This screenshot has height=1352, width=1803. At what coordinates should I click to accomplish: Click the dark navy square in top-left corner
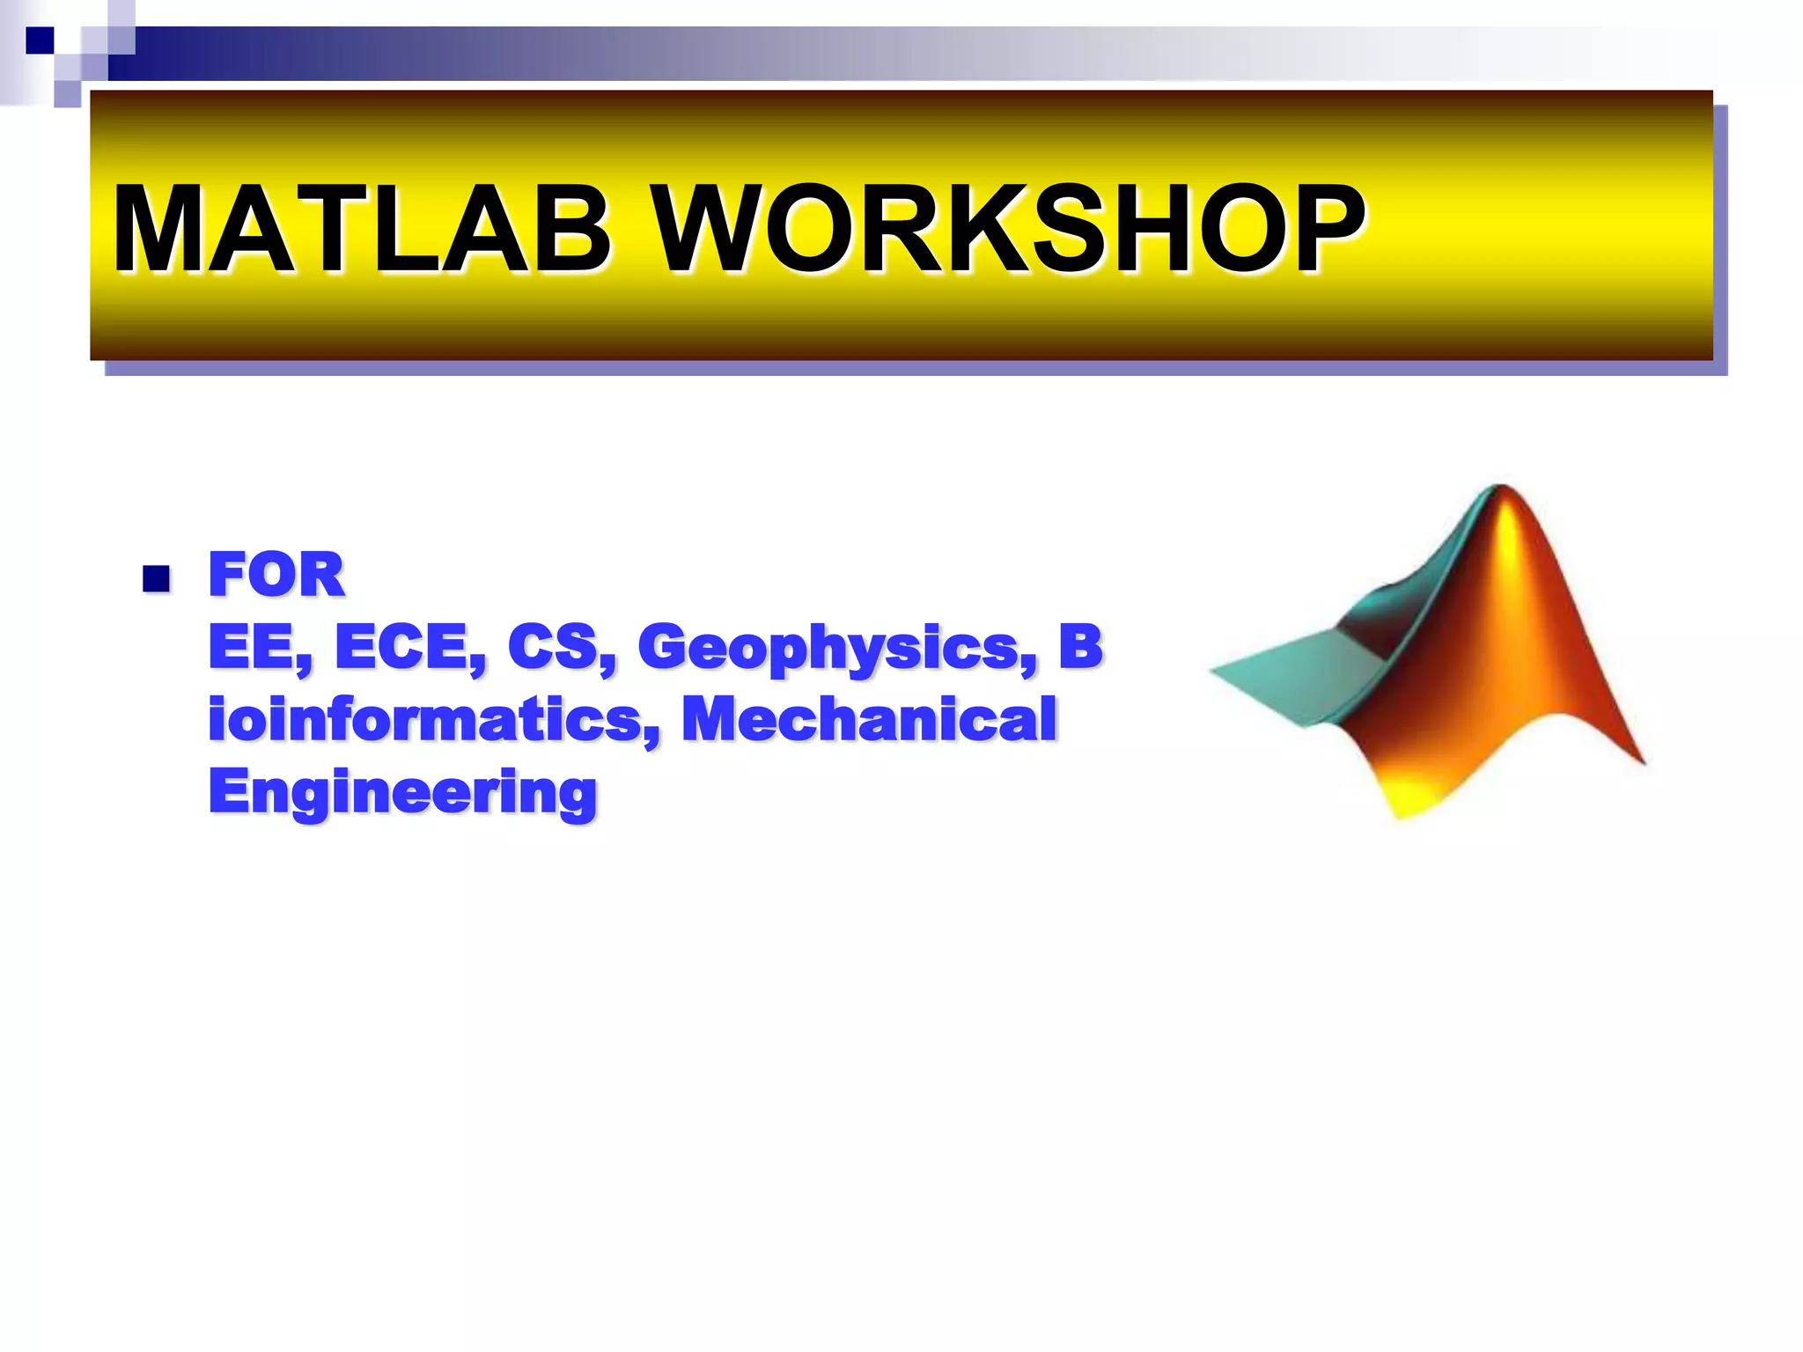point(40,40)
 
